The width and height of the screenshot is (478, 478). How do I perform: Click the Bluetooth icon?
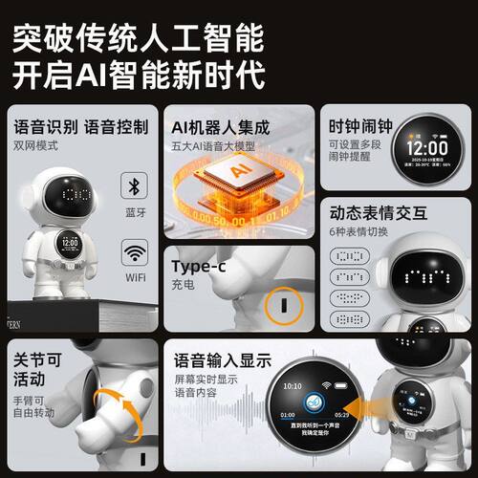tap(134, 187)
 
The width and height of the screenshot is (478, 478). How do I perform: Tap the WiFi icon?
tap(134, 253)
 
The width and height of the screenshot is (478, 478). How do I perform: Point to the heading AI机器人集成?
tap(220, 127)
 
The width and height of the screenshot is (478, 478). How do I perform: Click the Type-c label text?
tap(198, 266)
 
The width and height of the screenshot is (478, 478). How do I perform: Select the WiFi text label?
tap(134, 278)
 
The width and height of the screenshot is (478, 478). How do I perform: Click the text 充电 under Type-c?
tap(183, 284)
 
